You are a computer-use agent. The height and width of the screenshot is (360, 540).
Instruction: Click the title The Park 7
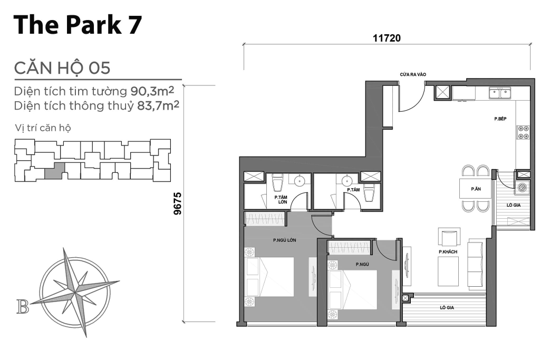tap(78, 25)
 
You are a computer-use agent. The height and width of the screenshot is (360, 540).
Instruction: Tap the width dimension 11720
tap(387, 38)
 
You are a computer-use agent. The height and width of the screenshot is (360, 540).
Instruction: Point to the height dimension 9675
tap(177, 203)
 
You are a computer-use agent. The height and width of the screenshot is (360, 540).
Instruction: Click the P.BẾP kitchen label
tap(500, 119)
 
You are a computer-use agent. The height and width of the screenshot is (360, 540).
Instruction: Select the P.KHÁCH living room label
tap(448, 252)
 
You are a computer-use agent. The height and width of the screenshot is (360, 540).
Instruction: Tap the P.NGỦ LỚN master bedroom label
tap(284, 240)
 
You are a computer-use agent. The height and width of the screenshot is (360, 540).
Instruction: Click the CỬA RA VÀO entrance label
tap(413, 74)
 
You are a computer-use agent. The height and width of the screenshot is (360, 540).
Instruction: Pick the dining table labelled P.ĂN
tap(476, 189)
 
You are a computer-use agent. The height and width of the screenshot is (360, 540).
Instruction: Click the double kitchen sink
tap(500, 93)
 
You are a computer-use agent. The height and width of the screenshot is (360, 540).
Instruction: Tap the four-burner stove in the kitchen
tap(523, 132)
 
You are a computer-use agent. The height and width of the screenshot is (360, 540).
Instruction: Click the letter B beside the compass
tap(22, 307)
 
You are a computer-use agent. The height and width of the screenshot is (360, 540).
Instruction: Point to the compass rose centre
tap(75, 293)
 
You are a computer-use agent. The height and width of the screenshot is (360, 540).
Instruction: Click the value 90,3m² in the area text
tap(152, 91)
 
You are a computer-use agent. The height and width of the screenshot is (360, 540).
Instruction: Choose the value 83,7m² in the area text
tap(158, 105)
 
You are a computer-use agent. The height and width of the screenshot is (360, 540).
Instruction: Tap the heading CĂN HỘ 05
tap(62, 67)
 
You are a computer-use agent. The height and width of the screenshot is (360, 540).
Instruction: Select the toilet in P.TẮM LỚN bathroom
tap(277, 182)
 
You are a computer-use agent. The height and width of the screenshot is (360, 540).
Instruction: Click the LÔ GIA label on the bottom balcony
tap(447, 308)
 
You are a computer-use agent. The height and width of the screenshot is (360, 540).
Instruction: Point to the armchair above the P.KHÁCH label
tap(449, 237)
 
